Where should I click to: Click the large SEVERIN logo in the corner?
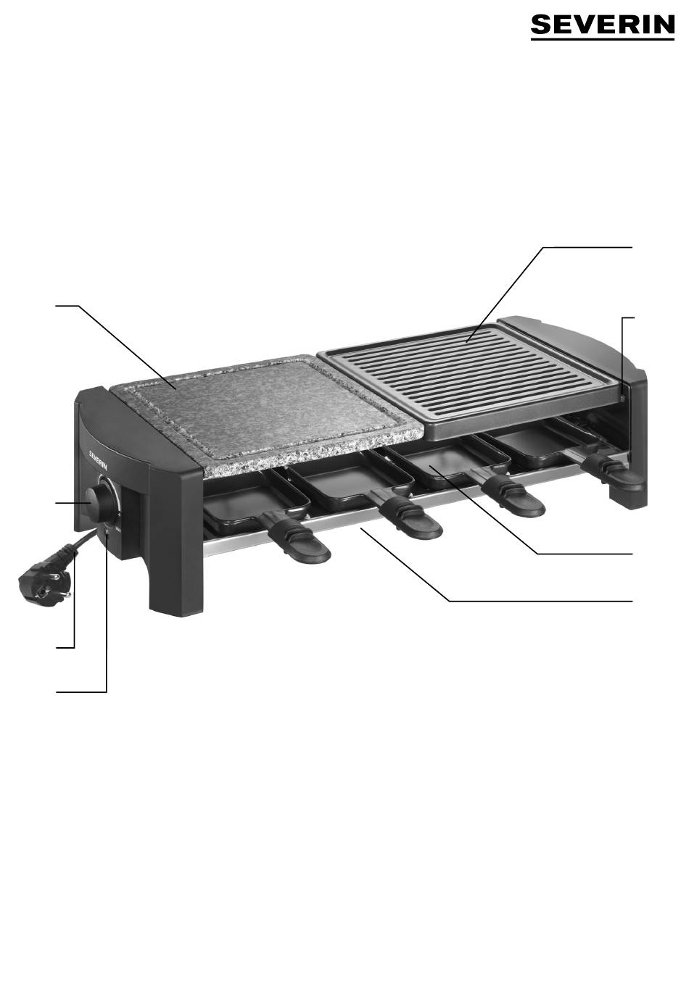coord(602,25)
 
